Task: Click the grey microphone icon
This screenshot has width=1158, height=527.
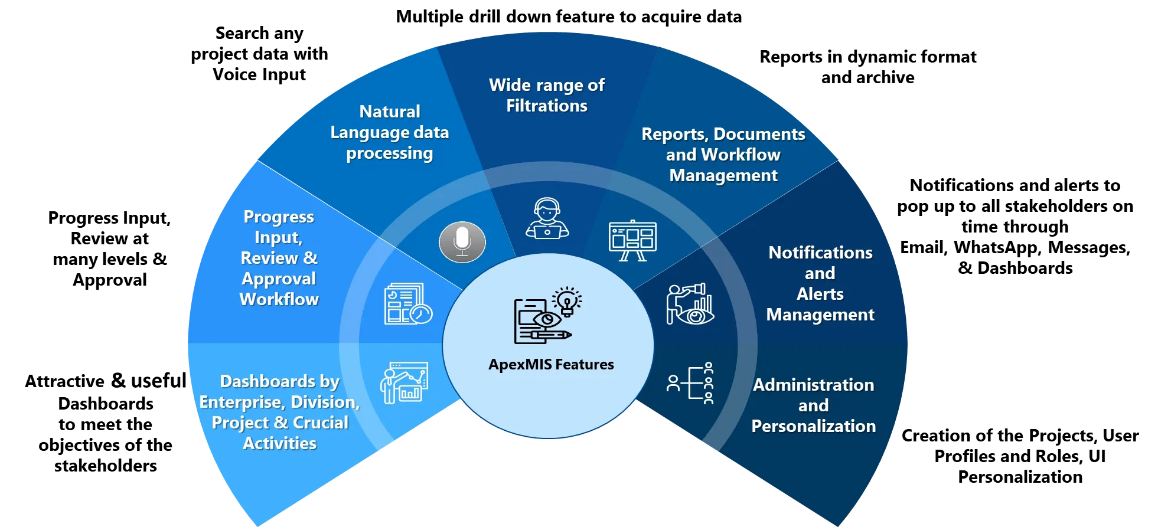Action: click(x=462, y=242)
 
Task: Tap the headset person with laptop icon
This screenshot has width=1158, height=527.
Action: click(x=547, y=218)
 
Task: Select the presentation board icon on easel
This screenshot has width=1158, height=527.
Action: click(x=632, y=240)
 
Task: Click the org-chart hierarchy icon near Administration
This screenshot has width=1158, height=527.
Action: click(x=691, y=383)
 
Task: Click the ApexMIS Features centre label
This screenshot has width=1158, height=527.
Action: click(x=551, y=365)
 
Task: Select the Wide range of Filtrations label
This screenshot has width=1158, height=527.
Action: click(x=547, y=95)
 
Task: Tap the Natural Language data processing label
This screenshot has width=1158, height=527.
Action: click(x=390, y=132)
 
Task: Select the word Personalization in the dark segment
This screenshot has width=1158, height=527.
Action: click(x=813, y=426)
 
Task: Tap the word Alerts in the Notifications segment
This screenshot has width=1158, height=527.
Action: click(x=820, y=294)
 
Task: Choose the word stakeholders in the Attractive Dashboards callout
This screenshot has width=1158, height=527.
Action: click(x=106, y=466)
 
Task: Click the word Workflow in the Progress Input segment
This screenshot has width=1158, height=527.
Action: click(x=279, y=299)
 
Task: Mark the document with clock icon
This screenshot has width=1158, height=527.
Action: click(x=407, y=304)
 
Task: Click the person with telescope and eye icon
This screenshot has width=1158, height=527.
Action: click(x=690, y=304)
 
